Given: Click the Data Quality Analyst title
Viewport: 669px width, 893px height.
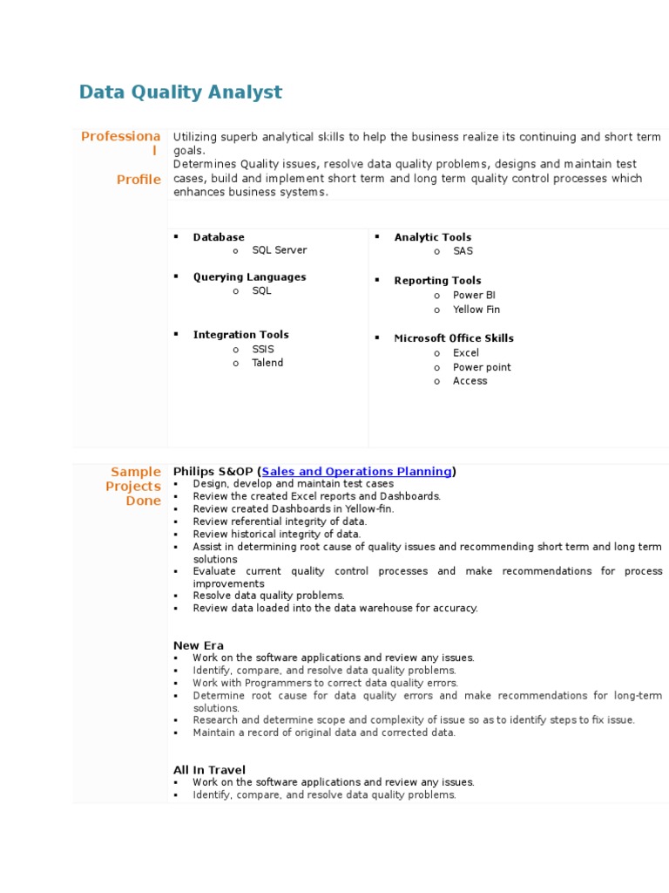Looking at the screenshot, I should [x=180, y=92].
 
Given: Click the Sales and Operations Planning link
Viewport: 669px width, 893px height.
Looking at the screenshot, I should [x=356, y=472].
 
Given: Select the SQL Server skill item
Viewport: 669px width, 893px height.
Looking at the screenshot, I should [x=279, y=250].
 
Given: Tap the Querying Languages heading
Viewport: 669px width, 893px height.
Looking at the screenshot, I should [x=249, y=277].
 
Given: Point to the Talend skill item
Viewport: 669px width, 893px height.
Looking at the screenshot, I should [x=267, y=363].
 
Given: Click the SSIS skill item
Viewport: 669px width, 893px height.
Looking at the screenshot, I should [x=263, y=349].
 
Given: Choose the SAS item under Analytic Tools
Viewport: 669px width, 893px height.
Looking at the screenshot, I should [x=463, y=251].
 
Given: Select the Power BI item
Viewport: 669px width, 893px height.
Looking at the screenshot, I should [x=474, y=296].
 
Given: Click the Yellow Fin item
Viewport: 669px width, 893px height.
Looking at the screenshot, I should [x=476, y=310].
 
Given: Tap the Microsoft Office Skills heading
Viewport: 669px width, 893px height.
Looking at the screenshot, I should [x=454, y=338].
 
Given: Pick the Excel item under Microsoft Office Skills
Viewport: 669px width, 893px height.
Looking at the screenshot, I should [x=466, y=353].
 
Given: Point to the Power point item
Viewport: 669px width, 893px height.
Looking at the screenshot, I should [x=482, y=367].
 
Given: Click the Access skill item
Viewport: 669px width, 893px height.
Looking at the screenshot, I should [x=470, y=381].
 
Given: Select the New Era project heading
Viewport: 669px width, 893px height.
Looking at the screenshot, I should [x=199, y=645].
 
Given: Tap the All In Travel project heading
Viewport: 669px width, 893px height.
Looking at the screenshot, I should [x=209, y=770].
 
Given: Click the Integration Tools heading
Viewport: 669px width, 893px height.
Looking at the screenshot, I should [x=240, y=335].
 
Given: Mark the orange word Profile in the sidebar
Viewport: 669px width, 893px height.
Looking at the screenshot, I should [x=139, y=180].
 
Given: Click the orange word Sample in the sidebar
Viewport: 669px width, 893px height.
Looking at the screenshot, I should [x=136, y=472].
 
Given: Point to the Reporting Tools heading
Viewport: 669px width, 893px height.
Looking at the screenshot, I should [x=437, y=281].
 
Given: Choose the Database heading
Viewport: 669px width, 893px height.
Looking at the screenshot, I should [x=219, y=237].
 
